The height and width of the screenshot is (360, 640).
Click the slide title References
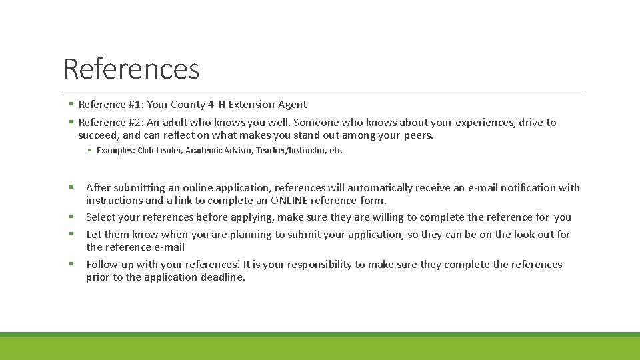coord(131,69)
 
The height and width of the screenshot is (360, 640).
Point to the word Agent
coord(293,104)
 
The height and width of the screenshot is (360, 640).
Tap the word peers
coord(419,135)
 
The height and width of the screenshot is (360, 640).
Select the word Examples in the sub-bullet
coord(115,151)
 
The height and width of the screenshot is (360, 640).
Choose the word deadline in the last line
coord(223,277)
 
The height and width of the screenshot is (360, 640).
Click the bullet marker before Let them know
coord(69,234)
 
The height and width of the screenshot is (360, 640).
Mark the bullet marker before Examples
coord(89,151)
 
